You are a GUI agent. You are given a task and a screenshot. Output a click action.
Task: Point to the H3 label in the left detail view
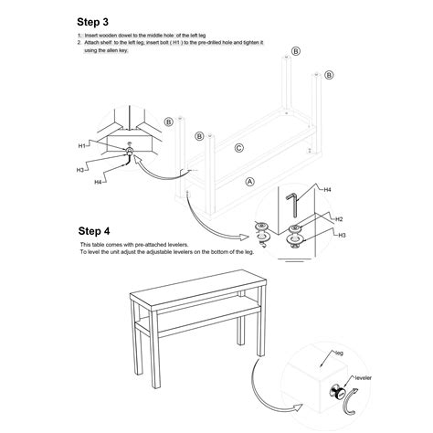pos(80,169)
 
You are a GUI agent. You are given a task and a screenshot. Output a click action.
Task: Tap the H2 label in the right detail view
pos(337,219)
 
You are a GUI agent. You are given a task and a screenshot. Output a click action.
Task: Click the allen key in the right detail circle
pos(293,203)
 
